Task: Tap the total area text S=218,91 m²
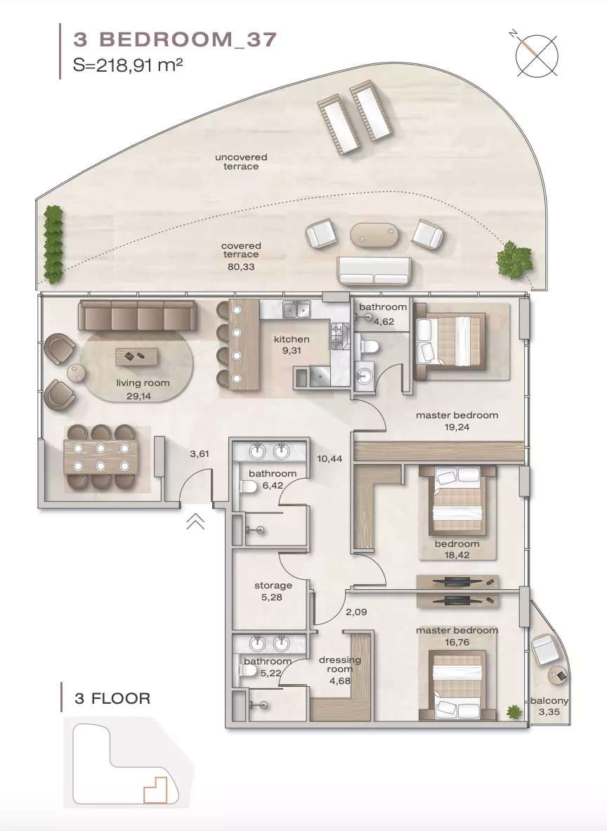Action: coord(128,65)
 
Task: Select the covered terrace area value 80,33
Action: coord(241,266)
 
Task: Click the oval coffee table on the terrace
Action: coord(374,234)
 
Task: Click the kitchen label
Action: coord(292,339)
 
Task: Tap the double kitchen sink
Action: coord(296,309)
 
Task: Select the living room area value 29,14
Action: coord(139,396)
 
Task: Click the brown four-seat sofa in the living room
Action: coord(137,316)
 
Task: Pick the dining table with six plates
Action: coord(100,457)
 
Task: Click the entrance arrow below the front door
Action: coord(195,522)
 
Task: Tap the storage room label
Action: coord(273,586)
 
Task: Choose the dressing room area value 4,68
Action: coord(340,681)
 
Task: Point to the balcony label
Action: coord(550,701)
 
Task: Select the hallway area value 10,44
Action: coord(329,459)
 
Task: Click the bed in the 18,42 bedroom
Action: coord(457,501)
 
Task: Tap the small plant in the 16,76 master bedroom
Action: coord(514,711)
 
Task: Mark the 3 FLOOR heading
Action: coord(113,699)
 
